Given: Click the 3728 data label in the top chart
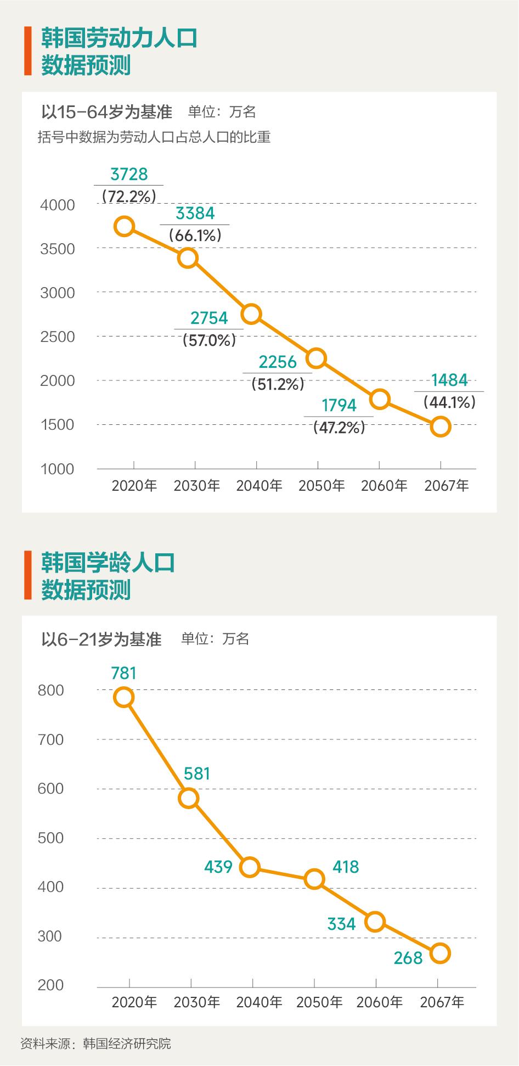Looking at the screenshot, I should (129, 174).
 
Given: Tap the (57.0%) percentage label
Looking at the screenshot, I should (209, 340).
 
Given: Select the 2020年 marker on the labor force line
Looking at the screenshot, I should (125, 226).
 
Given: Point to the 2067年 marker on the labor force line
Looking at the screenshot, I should (441, 427).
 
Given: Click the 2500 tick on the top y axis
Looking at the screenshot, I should (58, 336).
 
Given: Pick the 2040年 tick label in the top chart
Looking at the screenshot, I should (259, 486).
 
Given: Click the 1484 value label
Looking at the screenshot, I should (449, 380).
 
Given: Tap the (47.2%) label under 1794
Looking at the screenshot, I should (339, 428).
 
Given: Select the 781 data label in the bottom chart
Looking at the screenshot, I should (123, 673).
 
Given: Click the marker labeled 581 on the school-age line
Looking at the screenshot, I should (188, 798).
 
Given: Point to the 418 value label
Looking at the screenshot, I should (346, 867).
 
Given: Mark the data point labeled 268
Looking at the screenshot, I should (440, 953).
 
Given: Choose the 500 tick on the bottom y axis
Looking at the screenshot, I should (50, 838).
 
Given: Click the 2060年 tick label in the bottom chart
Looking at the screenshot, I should (379, 1002).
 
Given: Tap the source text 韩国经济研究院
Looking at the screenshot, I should (127, 1043).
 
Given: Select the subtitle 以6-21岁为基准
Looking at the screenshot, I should (101, 639).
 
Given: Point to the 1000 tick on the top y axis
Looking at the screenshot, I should (58, 469).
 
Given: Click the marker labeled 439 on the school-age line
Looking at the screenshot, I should (250, 867).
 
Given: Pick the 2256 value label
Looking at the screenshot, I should (278, 362).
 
